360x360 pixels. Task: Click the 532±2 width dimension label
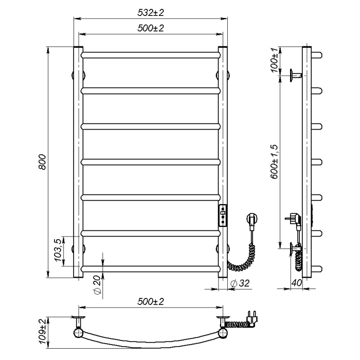click(x=151, y=13)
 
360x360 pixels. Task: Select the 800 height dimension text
click(x=42, y=162)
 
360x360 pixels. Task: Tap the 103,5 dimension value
click(x=58, y=250)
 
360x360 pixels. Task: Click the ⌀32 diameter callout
click(x=240, y=283)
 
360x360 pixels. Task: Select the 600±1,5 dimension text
click(x=274, y=161)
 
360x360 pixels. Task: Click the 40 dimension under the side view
click(x=297, y=283)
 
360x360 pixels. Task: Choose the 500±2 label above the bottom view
click(x=151, y=301)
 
